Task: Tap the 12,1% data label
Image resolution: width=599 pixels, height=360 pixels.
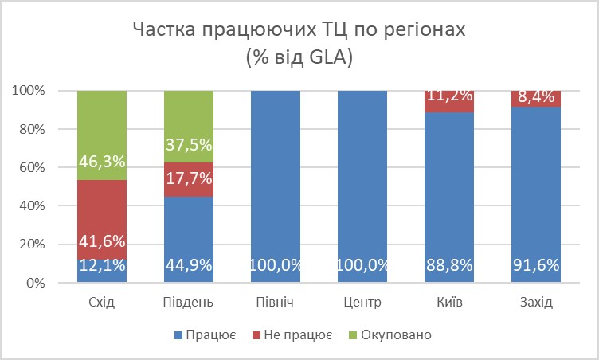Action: pos(102,266)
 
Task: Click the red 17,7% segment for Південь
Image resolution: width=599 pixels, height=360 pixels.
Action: pos(189,180)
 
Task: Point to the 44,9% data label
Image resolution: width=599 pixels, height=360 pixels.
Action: pos(189,266)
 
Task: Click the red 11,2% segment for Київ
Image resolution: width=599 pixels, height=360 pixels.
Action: pos(449,101)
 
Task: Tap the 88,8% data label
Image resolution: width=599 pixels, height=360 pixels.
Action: pos(449,266)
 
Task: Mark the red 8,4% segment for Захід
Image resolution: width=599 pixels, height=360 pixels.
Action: pos(536,99)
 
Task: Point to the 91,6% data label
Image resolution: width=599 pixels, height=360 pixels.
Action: pos(536,266)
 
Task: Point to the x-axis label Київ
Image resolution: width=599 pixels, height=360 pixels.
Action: pos(449,303)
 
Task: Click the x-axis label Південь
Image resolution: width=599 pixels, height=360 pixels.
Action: pos(189,303)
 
